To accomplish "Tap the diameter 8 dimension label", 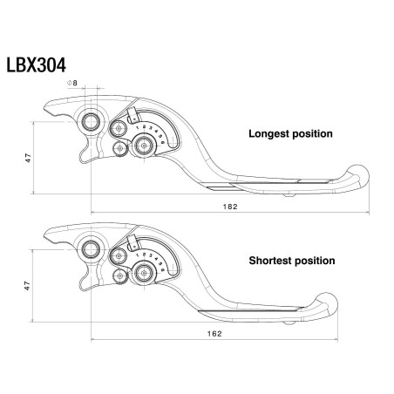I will (x=72, y=83).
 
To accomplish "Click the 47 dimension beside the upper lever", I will (x=28, y=158).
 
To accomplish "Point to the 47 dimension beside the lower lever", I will (x=28, y=284).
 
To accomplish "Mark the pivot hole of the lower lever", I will (x=90, y=251).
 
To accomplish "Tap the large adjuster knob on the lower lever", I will (x=139, y=272).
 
